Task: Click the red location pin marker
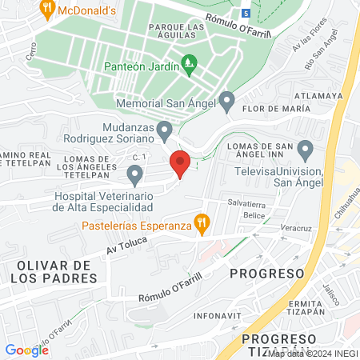pyautogui.click(x=180, y=163)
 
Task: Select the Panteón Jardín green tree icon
pyautogui.click(x=190, y=62)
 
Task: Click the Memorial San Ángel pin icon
pyautogui.click(x=226, y=102)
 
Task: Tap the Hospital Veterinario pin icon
pyautogui.click(x=134, y=174)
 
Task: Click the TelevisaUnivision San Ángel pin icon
pyautogui.click(x=305, y=150)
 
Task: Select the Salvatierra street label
pyautogui.click(x=245, y=203)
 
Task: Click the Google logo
pyautogui.click(x=26, y=350)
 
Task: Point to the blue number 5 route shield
pyautogui.click(x=246, y=14)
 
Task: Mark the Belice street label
pyautogui.click(x=254, y=216)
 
